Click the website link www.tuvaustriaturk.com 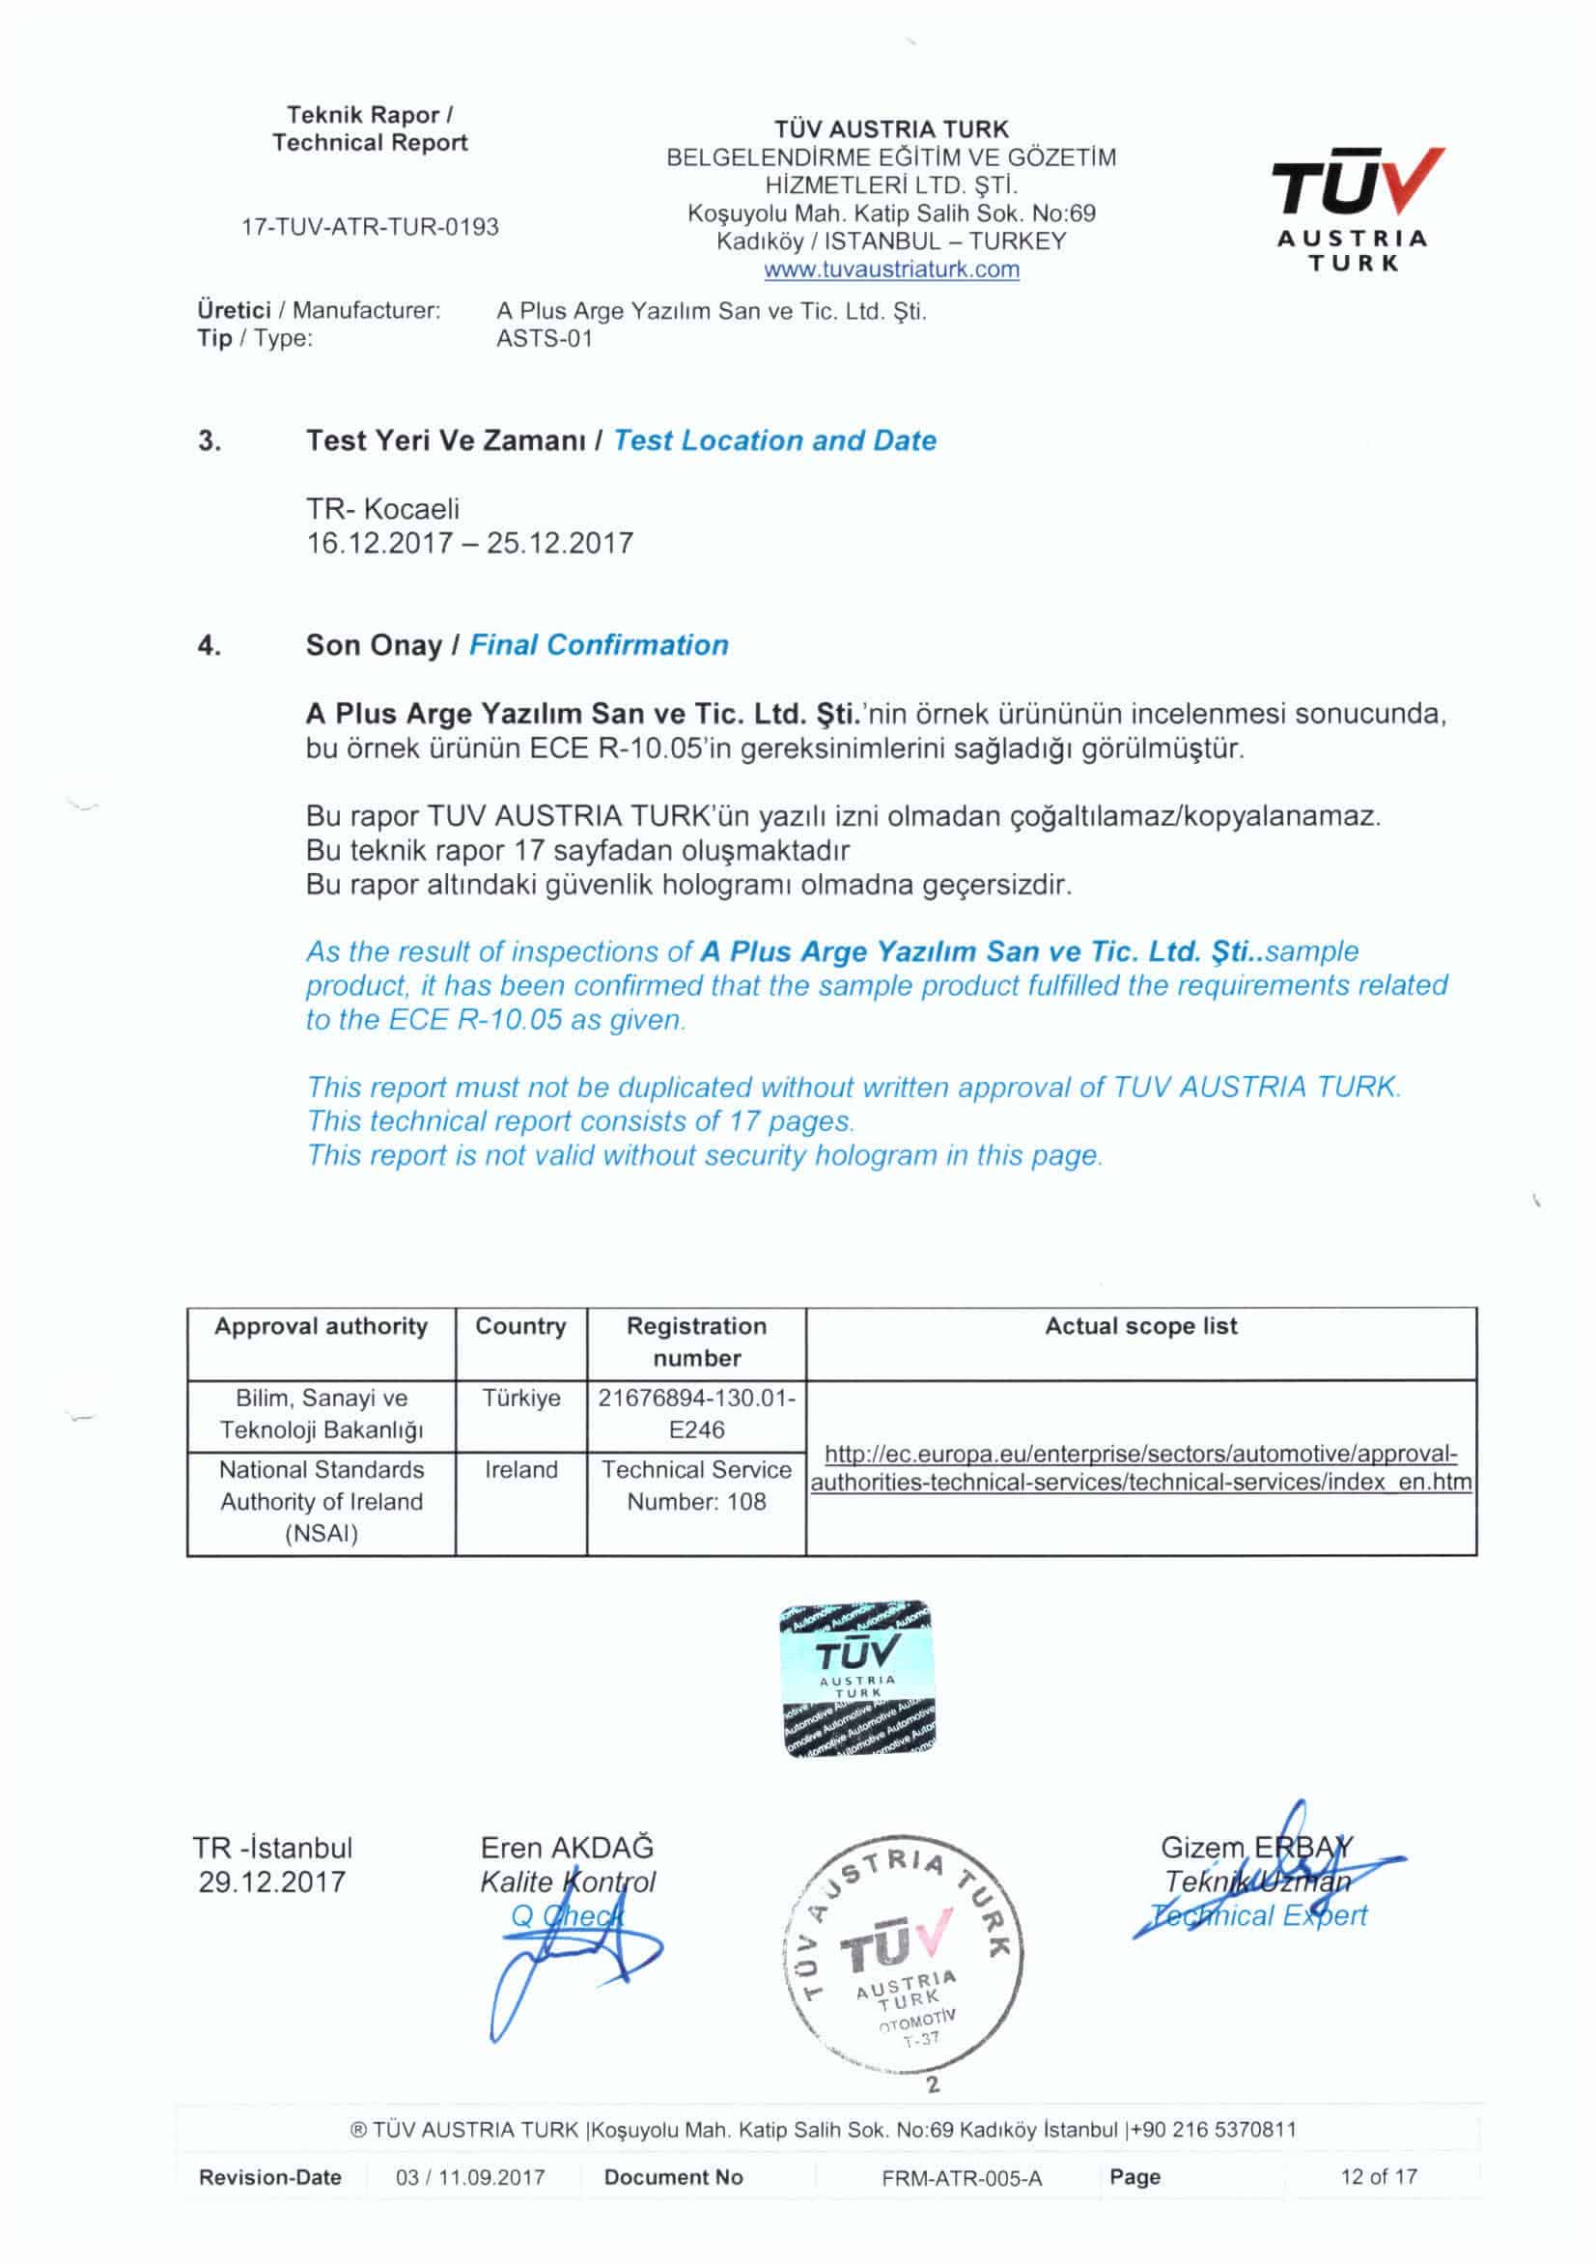pyautogui.click(x=891, y=269)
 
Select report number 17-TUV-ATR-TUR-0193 pyautogui.click(x=371, y=227)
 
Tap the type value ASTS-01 pyautogui.click(x=545, y=338)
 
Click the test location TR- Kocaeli pyautogui.click(x=382, y=509)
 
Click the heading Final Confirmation pyautogui.click(x=598, y=645)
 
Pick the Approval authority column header pyautogui.click(x=322, y=1326)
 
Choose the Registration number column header pyautogui.click(x=696, y=1342)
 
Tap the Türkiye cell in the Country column pyautogui.click(x=520, y=1399)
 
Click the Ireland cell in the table pyautogui.click(x=520, y=1470)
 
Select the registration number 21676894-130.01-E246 pyautogui.click(x=696, y=1414)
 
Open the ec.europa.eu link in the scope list pyautogui.click(x=1140, y=1468)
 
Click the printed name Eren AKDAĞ pyautogui.click(x=567, y=1847)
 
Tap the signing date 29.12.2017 pyautogui.click(x=272, y=1882)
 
